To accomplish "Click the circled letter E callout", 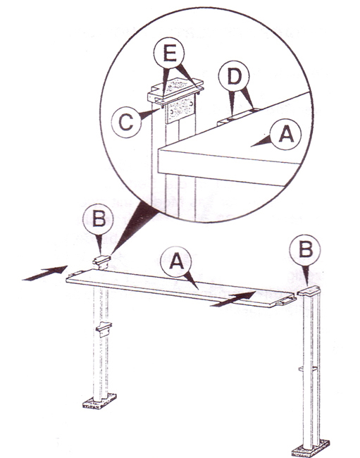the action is [169, 53].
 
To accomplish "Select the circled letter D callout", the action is [234, 77].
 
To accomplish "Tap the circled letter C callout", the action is [126, 122].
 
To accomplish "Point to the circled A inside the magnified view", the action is [285, 135].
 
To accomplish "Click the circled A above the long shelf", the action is [176, 261].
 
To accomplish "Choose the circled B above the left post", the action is [98, 219].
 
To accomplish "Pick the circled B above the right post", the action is [305, 250].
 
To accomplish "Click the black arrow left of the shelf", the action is [44, 273].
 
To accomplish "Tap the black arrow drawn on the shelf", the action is [233, 299].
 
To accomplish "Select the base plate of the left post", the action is [99, 401].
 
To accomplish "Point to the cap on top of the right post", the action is [309, 291].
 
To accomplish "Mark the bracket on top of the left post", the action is [101, 262].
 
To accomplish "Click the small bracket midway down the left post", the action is [104, 328].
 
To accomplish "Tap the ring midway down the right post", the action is [308, 369].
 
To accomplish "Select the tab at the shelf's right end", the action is [286, 301].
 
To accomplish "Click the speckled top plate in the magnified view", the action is [175, 87].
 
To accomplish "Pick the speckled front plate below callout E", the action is [180, 109].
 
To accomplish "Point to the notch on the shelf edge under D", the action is [238, 116].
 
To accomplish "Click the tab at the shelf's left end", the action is [75, 273].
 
